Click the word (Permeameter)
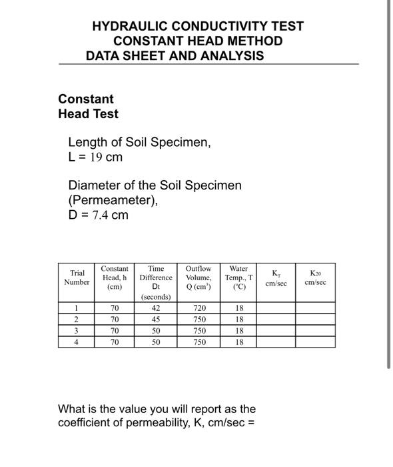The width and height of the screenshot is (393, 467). (113, 200)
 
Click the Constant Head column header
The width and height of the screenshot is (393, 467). (115, 278)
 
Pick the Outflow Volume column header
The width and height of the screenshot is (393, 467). (198, 278)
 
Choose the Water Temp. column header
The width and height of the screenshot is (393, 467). (238, 278)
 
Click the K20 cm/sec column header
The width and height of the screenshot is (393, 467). (315, 278)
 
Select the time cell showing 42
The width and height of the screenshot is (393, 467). (156, 308)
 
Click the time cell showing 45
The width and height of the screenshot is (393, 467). (156, 320)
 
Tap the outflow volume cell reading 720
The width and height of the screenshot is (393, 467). (198, 308)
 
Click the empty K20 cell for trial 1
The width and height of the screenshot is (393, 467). (315, 308)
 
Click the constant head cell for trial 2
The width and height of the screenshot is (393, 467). (115, 320)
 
